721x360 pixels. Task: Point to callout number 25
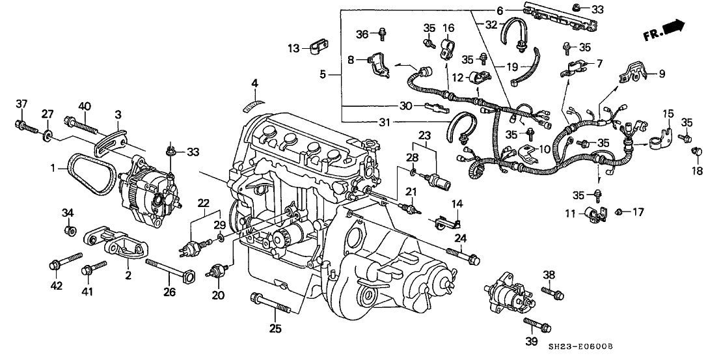(255, 83)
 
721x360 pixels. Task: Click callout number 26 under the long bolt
(169, 292)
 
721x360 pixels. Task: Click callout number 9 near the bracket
(661, 74)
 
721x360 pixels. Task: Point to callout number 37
(22, 105)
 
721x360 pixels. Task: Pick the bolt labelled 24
(463, 256)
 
